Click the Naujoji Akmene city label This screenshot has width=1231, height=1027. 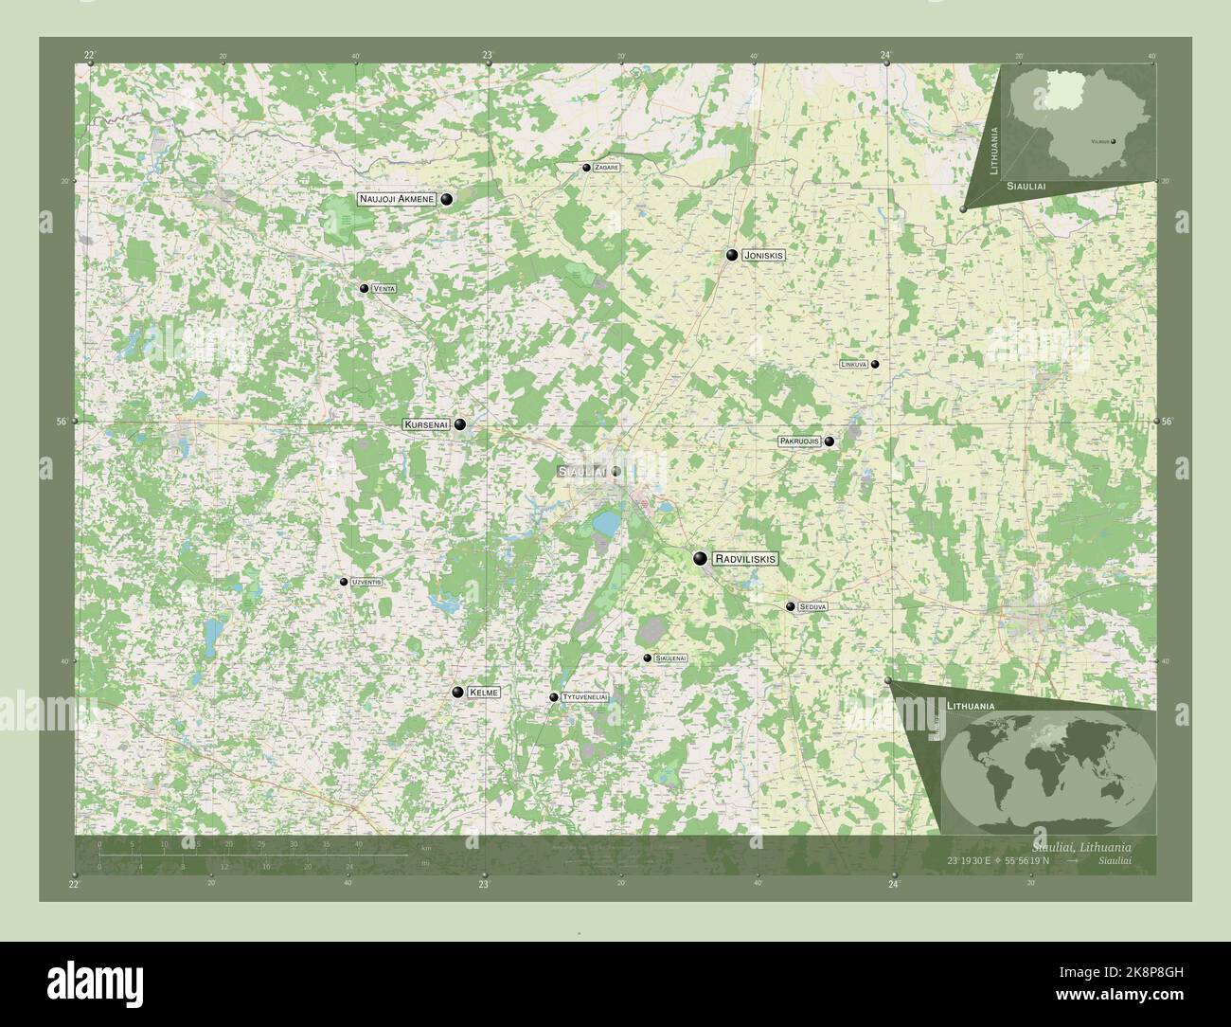pos(396,199)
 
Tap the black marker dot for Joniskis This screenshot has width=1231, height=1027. pos(732,255)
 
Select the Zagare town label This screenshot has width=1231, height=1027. pos(608,168)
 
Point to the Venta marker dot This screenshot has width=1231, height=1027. pos(364,288)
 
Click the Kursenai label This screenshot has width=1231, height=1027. pos(427,424)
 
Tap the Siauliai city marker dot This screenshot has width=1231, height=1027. pos(615,471)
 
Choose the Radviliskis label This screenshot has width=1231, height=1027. pos(746,559)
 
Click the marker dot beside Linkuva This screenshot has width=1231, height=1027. pos(875,364)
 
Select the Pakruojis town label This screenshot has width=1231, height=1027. pos(800,441)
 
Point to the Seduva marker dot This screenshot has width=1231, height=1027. pos(790,606)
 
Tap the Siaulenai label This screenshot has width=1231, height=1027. pos(670,658)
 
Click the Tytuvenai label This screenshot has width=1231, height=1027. pos(584,697)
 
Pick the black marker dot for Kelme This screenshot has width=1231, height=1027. pos(458,694)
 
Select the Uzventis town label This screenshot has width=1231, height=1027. pos(366,582)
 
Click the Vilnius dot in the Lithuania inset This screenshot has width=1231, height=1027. pos(1114,141)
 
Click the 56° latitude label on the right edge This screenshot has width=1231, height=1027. pos(1166,421)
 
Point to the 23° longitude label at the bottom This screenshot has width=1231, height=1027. pos(484,885)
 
